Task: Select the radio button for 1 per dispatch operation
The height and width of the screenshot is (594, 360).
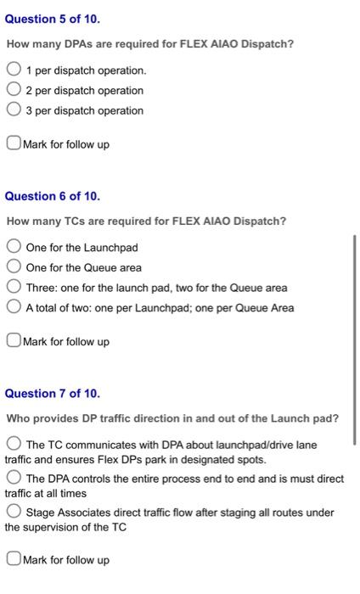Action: pyautogui.click(x=14, y=70)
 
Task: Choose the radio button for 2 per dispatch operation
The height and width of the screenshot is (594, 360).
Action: pyautogui.click(x=14, y=90)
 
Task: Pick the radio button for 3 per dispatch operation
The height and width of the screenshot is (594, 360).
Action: pyautogui.click(x=14, y=110)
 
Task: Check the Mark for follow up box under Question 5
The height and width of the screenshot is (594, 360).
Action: pyautogui.click(x=14, y=144)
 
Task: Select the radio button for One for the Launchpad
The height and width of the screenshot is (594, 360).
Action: pyautogui.click(x=14, y=247)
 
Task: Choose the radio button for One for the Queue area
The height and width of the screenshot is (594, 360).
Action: pyautogui.click(x=14, y=267)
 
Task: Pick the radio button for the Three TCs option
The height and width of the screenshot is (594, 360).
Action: pyautogui.click(x=14, y=288)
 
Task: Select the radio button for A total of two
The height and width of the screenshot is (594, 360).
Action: pyautogui.click(x=14, y=308)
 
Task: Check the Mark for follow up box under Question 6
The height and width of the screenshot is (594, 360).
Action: pyautogui.click(x=14, y=342)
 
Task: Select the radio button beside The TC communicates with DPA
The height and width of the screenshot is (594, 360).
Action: pyautogui.click(x=14, y=445)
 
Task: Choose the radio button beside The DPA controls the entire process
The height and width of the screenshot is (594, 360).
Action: pyautogui.click(x=14, y=479)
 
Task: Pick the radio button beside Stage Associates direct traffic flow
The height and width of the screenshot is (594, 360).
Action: pyautogui.click(x=14, y=513)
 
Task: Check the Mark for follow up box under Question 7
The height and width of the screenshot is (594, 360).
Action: pyautogui.click(x=14, y=560)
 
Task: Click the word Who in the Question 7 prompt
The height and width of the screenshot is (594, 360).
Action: pyautogui.click(x=18, y=418)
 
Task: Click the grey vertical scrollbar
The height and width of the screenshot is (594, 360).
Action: pyautogui.click(x=355, y=339)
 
